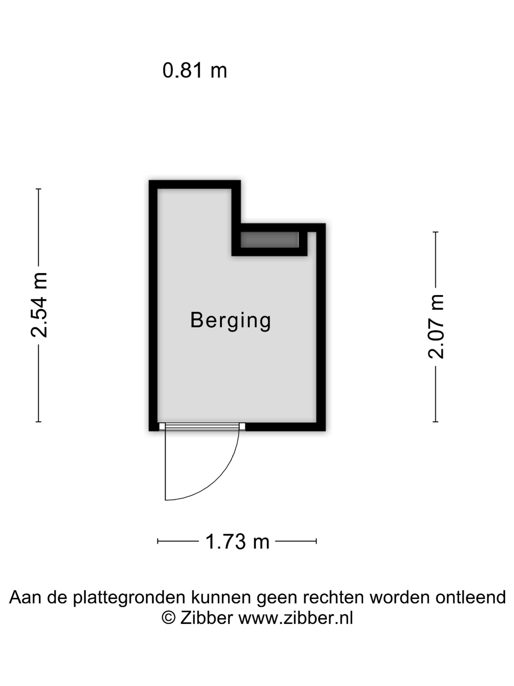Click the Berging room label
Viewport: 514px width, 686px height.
pyautogui.click(x=231, y=321)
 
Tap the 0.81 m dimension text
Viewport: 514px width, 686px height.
pyautogui.click(x=195, y=70)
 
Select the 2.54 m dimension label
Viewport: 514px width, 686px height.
pyautogui.click(x=39, y=305)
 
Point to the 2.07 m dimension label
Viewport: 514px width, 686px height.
pyautogui.click(x=436, y=327)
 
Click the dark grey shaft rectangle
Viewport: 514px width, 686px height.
pyautogui.click(x=269, y=240)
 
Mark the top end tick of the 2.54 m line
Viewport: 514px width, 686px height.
pyautogui.click(x=38, y=189)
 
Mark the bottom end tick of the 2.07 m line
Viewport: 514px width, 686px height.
pyautogui.click(x=435, y=422)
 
